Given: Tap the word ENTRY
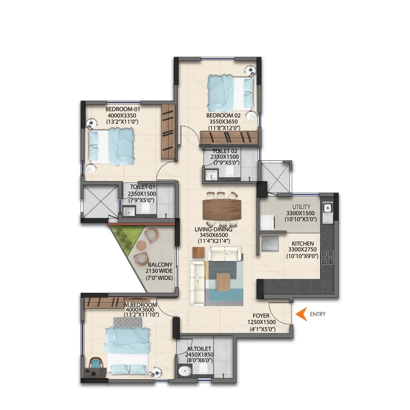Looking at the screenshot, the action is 318,314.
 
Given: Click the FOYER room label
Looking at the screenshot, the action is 261,316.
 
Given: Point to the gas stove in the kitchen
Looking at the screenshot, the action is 327,258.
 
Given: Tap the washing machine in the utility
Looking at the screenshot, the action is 268,222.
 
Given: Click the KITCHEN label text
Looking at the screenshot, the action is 303,244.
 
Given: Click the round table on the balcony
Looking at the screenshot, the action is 141,245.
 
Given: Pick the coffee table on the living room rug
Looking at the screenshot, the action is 223,282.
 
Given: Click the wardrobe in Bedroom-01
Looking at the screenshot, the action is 168,132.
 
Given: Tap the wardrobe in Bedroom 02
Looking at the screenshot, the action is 229,137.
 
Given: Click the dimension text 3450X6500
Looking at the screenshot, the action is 214,235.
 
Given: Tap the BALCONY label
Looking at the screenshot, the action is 160,265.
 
